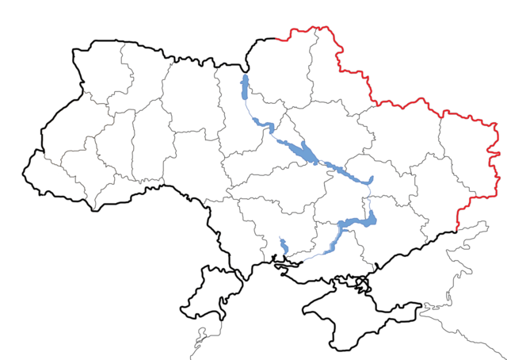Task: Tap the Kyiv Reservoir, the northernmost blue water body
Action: [x=245, y=86]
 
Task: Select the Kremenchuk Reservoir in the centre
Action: [x=301, y=150]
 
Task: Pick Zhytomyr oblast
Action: [x=190, y=103]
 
